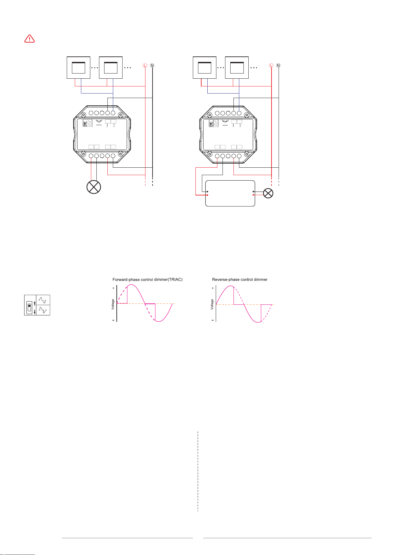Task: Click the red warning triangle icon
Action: [x=30, y=39]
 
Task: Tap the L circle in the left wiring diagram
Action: [x=145, y=65]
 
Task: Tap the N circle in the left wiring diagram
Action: [x=152, y=65]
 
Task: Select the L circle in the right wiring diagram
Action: [x=271, y=65]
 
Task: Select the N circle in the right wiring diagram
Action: [x=278, y=65]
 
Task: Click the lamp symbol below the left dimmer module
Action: [x=94, y=187]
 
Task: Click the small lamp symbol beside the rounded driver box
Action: [x=268, y=193]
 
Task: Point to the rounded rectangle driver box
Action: [x=230, y=193]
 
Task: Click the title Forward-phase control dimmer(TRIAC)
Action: [x=147, y=280]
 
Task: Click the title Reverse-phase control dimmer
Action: [x=240, y=280]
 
